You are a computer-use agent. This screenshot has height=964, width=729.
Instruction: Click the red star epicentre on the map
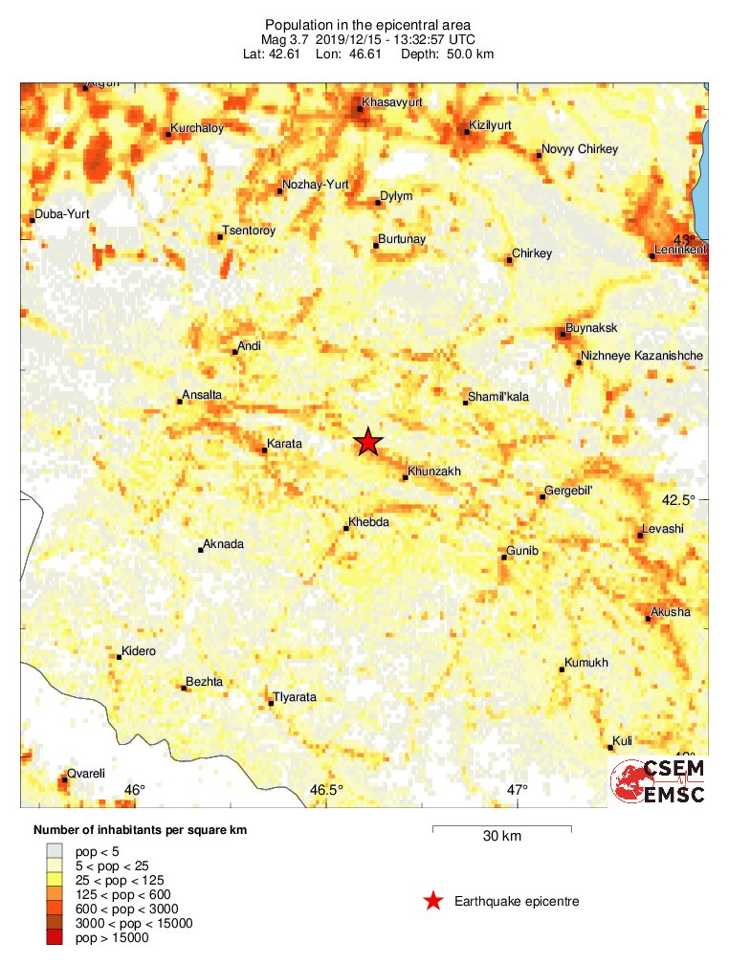[x=368, y=442]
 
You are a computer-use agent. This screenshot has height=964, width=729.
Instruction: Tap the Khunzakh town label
[x=434, y=471]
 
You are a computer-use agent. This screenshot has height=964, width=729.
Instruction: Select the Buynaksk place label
[x=591, y=328]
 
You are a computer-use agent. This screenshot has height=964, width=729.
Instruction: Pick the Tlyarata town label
[x=295, y=697]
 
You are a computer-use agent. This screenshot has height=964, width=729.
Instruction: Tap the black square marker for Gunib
[x=503, y=558]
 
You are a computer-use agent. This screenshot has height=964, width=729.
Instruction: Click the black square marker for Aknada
[x=201, y=550]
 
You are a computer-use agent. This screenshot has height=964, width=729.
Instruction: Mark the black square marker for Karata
[x=264, y=449]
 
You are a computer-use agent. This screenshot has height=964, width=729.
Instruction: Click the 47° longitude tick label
[x=517, y=790]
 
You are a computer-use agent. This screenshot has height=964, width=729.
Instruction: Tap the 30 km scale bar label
[x=501, y=837]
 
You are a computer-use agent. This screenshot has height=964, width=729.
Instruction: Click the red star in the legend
[x=433, y=901]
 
